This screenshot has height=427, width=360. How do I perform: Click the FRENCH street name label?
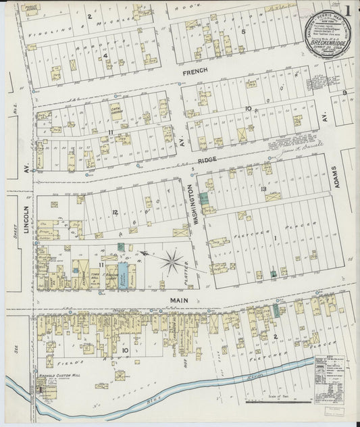click(x=194, y=70)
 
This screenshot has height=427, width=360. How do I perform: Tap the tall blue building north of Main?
click(x=123, y=276)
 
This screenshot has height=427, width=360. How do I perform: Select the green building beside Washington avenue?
click(x=203, y=200)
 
